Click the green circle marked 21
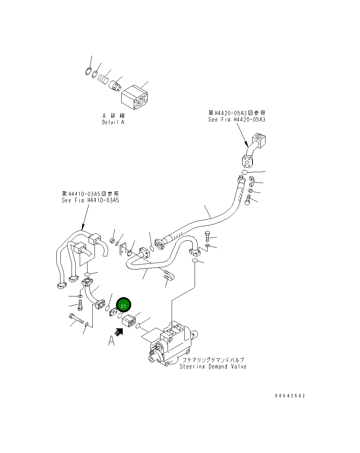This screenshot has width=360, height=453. pos(123,306)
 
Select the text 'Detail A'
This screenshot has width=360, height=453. pos(113,122)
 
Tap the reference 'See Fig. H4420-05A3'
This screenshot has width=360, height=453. pos(237,119)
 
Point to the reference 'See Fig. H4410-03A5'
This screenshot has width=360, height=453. pos(90,200)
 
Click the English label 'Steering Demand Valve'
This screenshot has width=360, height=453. pos(213,367)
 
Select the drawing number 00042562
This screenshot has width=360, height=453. pos(290,396)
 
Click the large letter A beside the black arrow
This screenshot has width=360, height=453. pos(111,340)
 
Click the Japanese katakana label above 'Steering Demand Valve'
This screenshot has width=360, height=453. pos(213,360)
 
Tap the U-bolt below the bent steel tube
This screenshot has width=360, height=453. pos(168,276)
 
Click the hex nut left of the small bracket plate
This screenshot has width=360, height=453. pos(112,242)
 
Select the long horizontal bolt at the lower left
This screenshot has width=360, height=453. pos(76,319)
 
